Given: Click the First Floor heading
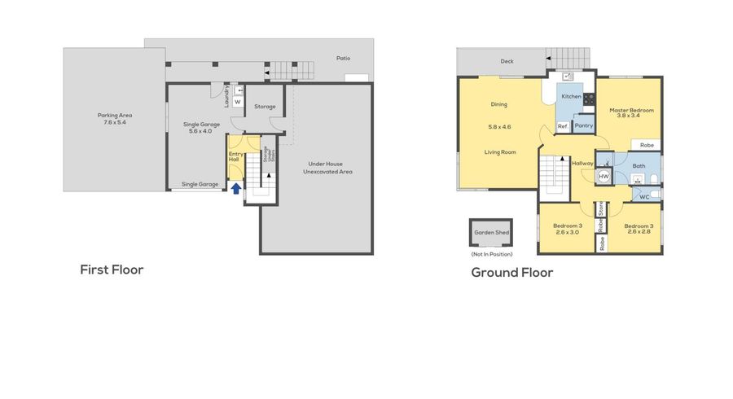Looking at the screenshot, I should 112,270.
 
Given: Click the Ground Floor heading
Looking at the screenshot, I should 511,272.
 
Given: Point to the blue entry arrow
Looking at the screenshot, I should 236,189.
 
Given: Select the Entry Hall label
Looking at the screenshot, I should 235,156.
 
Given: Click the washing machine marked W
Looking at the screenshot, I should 238,102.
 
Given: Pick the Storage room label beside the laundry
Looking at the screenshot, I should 265,107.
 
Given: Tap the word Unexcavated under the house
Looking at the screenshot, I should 318,172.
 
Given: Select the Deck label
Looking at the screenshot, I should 507,61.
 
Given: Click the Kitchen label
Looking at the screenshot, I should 571,97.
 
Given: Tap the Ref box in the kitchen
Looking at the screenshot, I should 562,126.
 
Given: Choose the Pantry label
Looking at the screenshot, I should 583,125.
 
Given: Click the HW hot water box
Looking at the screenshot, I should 604,176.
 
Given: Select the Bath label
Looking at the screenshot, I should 639,166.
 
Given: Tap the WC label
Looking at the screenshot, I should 643,196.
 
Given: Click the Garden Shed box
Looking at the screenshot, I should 491,234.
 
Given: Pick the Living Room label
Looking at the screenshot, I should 500,152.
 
